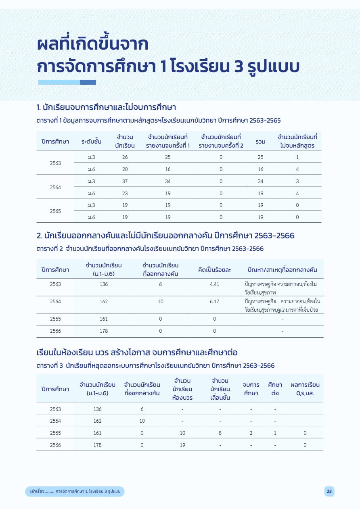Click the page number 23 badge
329,491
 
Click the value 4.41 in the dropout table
214,284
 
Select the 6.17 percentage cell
214,301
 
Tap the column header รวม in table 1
260,142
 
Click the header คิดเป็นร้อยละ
214,269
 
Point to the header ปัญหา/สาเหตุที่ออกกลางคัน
282,269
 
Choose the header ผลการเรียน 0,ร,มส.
305,389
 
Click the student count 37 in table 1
125,181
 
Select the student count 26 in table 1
125,157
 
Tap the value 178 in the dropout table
103,331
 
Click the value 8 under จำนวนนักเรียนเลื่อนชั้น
220,433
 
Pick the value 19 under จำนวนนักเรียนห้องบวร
182,445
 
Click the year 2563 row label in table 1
55,163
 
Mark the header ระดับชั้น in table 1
91,142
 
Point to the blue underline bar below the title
67,82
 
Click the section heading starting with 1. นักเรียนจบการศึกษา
106,108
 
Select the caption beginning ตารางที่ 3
155,366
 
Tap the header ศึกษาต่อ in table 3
275,389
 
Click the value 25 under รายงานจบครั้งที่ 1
168,157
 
